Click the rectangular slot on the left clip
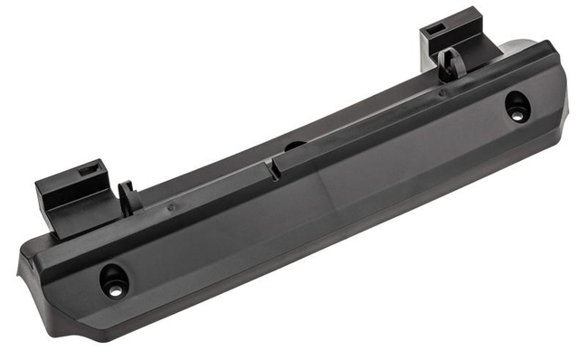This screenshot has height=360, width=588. (x=90, y=169)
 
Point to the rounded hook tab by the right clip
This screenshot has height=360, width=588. (x=450, y=64)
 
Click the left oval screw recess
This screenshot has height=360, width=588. (x=115, y=279)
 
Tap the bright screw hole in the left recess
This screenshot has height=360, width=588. (x=116, y=290)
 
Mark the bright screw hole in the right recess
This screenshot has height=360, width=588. (x=517, y=116)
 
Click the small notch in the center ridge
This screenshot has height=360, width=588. (x=270, y=167)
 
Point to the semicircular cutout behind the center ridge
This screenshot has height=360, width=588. (x=295, y=145)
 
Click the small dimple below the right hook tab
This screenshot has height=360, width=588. (x=442, y=92)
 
